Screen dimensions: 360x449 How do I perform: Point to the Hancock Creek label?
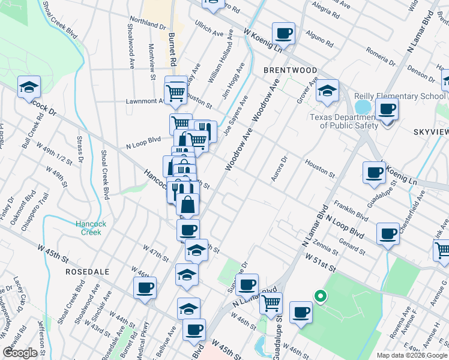(x=91, y=228)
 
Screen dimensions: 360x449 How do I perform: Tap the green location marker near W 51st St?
(x=321, y=296)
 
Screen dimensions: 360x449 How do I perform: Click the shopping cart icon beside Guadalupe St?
(x=271, y=303)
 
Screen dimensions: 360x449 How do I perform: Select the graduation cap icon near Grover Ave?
(x=327, y=91)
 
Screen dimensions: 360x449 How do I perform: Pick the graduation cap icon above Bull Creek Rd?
(x=29, y=88)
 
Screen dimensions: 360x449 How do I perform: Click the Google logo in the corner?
(x=20, y=353)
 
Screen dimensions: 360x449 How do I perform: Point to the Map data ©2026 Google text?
(x=411, y=355)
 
